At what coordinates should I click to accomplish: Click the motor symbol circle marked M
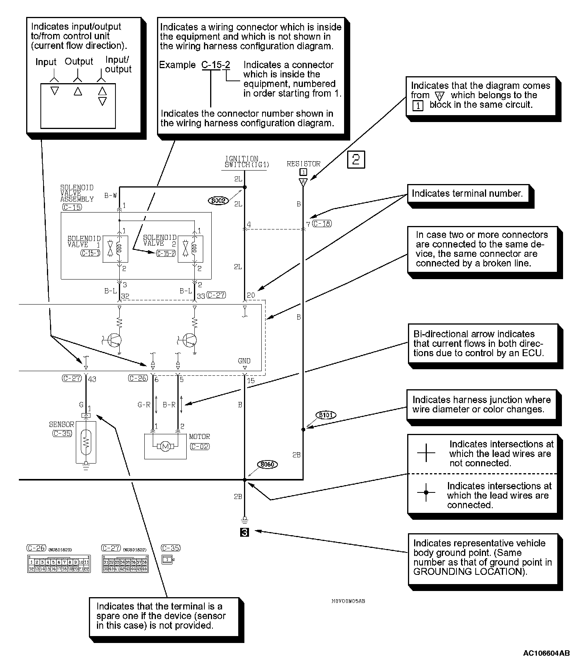(165, 446)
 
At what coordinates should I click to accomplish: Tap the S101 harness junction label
(326, 415)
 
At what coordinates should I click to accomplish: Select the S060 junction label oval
(267, 464)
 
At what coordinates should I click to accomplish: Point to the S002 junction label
(218, 201)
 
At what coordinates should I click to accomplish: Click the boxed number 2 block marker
(356, 159)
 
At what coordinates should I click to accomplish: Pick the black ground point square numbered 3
(244, 532)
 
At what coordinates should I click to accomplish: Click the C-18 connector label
(322, 224)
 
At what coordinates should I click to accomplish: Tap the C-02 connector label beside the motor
(199, 447)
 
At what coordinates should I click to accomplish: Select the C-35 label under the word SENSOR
(62, 433)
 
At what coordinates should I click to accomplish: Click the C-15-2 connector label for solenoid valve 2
(165, 253)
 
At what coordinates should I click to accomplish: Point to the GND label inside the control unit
(244, 361)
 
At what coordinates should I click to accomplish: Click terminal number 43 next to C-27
(92, 379)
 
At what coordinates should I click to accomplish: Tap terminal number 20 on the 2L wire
(251, 295)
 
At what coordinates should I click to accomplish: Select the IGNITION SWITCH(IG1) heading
(247, 162)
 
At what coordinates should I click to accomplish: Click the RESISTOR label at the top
(303, 164)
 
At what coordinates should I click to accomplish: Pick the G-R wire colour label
(144, 405)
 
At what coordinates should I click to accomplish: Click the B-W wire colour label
(110, 196)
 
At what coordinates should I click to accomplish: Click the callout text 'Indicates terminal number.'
(467, 194)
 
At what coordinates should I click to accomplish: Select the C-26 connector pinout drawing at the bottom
(58, 564)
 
